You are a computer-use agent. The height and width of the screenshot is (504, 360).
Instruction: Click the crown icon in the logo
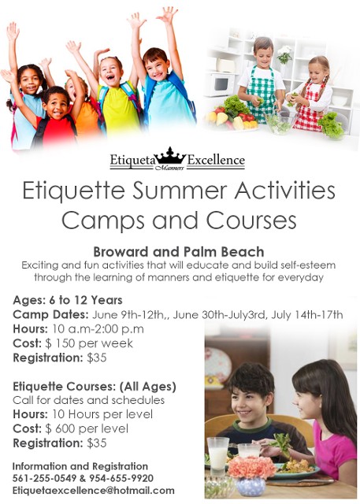click(170, 157)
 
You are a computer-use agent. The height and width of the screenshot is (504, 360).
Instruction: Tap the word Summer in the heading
click(180, 191)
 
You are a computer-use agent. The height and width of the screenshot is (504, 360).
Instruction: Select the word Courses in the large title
click(251, 220)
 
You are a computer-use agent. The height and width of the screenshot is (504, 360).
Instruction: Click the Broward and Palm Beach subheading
click(179, 252)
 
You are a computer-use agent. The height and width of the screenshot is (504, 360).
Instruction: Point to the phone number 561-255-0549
click(44, 478)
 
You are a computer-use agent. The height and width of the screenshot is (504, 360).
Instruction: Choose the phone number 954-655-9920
click(121, 478)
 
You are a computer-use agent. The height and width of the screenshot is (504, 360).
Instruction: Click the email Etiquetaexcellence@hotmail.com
click(94, 491)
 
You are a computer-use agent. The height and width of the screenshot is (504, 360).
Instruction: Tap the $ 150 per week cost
click(89, 343)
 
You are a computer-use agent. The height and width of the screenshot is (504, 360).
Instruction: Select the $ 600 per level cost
click(87, 428)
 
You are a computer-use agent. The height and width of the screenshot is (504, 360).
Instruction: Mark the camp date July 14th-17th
click(307, 314)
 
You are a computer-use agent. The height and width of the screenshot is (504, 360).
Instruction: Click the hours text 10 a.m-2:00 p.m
click(98, 329)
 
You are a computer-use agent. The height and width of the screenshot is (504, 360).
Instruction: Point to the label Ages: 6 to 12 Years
click(68, 300)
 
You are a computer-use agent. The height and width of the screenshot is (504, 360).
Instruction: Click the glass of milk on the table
click(218, 455)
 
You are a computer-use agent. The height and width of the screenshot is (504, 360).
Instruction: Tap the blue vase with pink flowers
click(251, 476)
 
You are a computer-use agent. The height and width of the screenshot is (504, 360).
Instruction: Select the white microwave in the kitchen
click(220, 84)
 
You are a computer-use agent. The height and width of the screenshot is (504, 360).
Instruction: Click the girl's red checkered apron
click(308, 107)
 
